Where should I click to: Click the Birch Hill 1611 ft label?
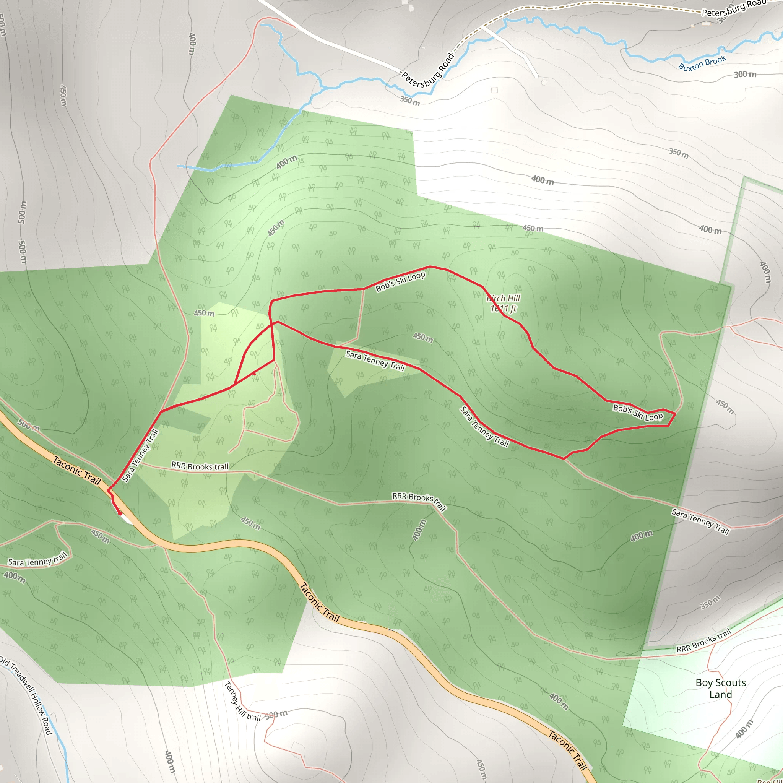tap(503, 304)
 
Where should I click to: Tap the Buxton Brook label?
tap(702, 63)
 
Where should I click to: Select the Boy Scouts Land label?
tap(721, 689)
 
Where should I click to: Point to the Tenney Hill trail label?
tap(242, 702)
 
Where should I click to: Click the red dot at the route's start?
tap(120, 513)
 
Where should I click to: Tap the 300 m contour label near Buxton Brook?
tap(745, 75)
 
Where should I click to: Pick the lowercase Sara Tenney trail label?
tap(37, 560)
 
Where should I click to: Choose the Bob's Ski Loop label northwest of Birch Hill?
tap(400, 281)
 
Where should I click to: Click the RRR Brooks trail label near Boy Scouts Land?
tap(703, 641)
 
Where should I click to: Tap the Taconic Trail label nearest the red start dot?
tap(76, 471)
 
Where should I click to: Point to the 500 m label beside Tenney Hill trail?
tap(276, 714)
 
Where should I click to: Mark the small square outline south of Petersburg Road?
tap(494, 90)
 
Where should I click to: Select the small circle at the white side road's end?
tap(544, 82)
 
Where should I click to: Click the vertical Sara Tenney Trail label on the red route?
tap(140, 456)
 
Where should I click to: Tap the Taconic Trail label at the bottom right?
tap(568, 750)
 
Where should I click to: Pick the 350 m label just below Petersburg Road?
tap(410, 101)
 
